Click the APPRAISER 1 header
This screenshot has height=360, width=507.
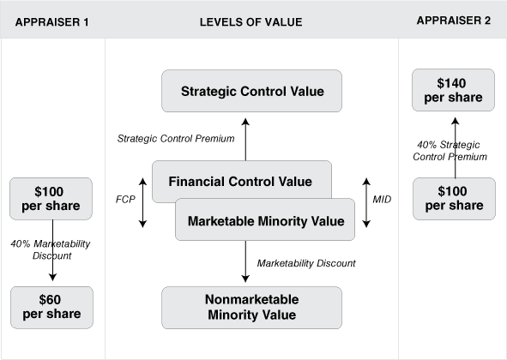[x=51, y=22]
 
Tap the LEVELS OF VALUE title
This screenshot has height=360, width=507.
[x=250, y=22]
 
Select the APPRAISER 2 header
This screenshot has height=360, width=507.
[x=453, y=21]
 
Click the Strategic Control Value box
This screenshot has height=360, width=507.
[x=251, y=91]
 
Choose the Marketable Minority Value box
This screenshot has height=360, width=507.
[x=265, y=219]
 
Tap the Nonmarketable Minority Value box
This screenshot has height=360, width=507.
[x=251, y=308]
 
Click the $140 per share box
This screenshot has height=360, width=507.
[x=453, y=90]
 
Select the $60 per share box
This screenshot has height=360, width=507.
[x=51, y=308]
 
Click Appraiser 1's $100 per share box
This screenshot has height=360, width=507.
[x=51, y=198]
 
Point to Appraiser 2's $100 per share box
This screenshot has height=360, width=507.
[x=454, y=198]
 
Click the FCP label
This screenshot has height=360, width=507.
[x=125, y=200]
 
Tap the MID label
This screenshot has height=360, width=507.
[x=382, y=200]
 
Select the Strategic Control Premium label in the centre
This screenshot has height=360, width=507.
[x=176, y=139]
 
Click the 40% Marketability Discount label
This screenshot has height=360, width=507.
[x=51, y=249]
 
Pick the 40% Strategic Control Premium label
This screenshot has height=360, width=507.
[x=450, y=151]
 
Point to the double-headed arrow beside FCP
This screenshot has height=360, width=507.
[x=142, y=202]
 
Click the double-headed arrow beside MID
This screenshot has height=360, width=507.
[x=366, y=202]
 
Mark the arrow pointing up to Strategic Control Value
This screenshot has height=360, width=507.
[x=245, y=139]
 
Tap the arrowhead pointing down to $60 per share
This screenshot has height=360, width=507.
[x=52, y=277]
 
